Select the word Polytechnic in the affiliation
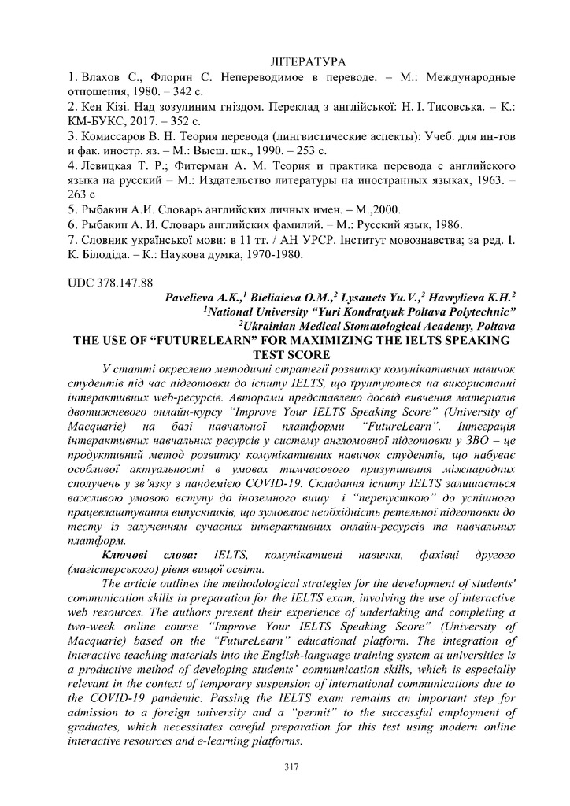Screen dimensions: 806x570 tap(480, 312)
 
